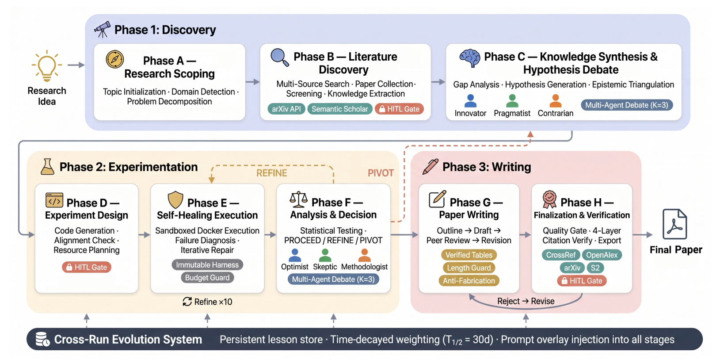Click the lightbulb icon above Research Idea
tap(47, 65)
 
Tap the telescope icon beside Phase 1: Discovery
tap(102, 30)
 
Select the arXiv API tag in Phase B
tap(286, 109)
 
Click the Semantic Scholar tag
tap(340, 109)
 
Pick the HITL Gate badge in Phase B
tap(399, 109)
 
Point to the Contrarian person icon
tap(556, 101)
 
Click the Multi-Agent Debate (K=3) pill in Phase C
tap(627, 105)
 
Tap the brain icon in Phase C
tap(469, 58)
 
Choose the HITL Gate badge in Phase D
tap(87, 267)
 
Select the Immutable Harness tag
tap(207, 265)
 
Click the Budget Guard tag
tap(207, 277)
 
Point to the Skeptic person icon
tap(325, 256)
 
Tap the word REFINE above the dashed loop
tap(272, 173)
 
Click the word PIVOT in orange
tap(381, 173)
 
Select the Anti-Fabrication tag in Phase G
tap(469, 281)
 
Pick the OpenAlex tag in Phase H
tap(602, 255)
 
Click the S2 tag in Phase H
tap(595, 268)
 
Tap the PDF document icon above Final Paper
tap(674, 224)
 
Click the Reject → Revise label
tap(526, 301)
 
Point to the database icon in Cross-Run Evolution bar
tap(42, 339)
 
